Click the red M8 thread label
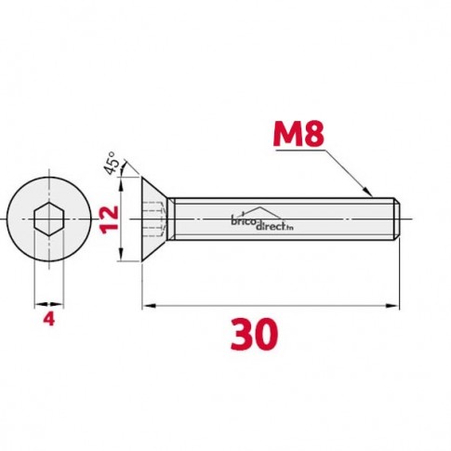point(298,134)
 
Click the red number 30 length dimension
point(254,335)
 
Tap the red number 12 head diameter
point(109,219)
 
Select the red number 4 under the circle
point(49,319)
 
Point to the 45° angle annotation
point(111,164)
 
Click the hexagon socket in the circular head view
point(49,219)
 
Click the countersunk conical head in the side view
point(154,219)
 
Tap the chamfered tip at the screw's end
point(397,219)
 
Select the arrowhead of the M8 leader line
point(368,192)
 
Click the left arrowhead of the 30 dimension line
point(150,306)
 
